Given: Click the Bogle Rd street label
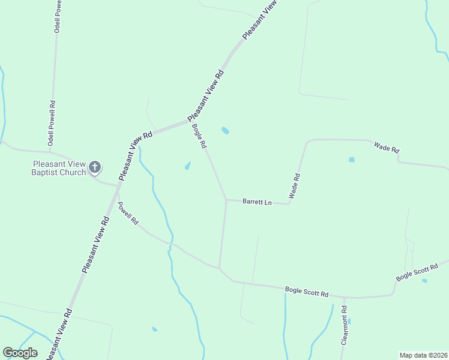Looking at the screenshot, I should (199, 136).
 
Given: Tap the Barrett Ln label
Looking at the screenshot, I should (257, 202).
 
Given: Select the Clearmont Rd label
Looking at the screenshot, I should (345, 326).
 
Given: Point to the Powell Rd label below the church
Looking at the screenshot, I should (128, 214).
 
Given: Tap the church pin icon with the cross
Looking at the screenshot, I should (95, 167).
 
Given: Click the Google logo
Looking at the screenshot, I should (20, 353).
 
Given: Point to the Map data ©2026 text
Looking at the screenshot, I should (423, 355).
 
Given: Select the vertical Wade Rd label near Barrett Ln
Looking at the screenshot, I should (294, 186).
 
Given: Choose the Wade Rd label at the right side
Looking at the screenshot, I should (387, 148).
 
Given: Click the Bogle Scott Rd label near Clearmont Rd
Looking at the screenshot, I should (307, 293).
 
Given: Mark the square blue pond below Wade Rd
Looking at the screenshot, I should (352, 160).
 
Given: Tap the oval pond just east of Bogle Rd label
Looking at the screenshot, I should (225, 130).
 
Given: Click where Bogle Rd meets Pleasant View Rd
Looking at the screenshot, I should (188, 121).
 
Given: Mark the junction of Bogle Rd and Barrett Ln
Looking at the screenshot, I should (226, 199).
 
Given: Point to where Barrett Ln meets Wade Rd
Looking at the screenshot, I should (289, 203).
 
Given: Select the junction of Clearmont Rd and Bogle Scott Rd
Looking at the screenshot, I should (345, 297).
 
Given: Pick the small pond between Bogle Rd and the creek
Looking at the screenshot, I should (188, 166).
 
